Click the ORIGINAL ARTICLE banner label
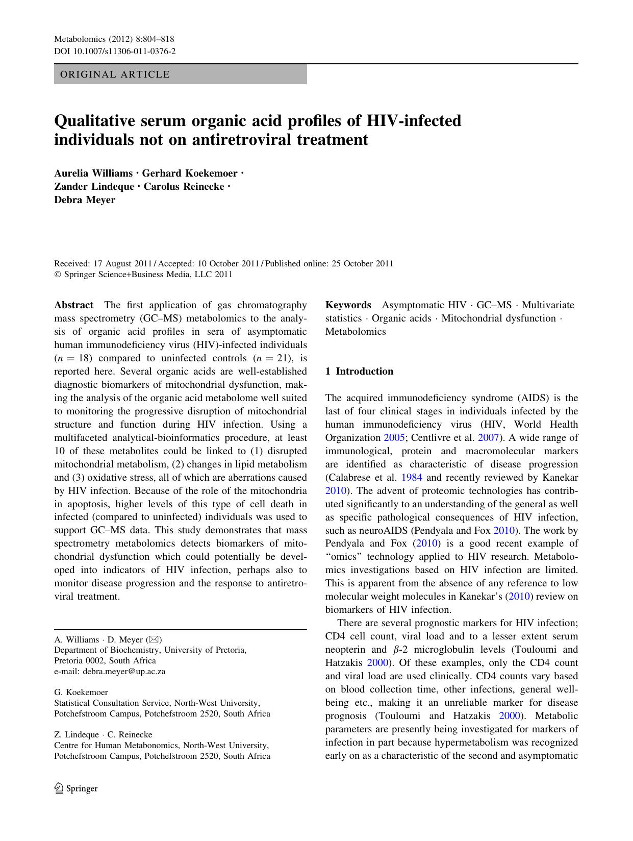pos(115,75)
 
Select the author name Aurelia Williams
pos(93,174)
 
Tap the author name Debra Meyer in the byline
pos(85,200)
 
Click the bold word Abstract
pos(74,305)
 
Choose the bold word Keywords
pos(348,305)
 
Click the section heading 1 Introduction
pos(360,372)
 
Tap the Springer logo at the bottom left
pos(76,788)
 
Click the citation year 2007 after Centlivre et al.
pos(488,438)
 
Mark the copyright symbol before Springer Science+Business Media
pos(57,275)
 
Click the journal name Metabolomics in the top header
pos(77,39)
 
